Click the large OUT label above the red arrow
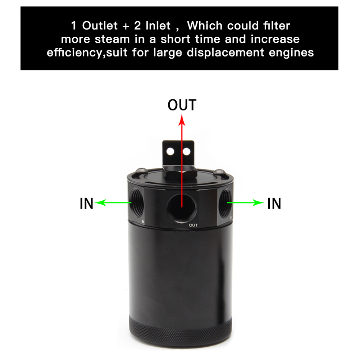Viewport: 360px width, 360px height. tap(182, 105)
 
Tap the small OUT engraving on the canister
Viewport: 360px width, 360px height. tap(193, 225)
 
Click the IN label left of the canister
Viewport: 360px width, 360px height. tap(86, 204)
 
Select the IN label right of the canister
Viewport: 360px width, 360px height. tap(274, 204)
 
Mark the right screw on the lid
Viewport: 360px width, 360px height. tap(220, 172)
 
